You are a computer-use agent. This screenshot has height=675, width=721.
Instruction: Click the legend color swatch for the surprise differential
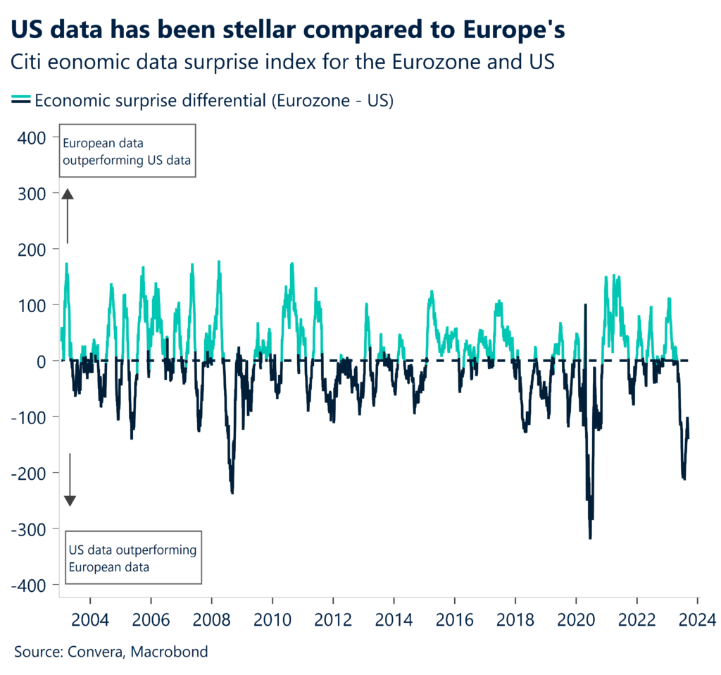click(21, 101)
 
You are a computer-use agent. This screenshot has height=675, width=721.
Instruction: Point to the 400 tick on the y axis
click(34, 137)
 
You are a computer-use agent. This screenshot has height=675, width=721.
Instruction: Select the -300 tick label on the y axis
click(31, 529)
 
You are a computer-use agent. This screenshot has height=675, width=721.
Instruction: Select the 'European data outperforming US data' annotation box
click(127, 151)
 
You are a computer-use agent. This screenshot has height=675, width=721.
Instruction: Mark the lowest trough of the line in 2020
click(590, 538)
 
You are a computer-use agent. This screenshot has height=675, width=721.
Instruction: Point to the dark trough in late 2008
click(232, 492)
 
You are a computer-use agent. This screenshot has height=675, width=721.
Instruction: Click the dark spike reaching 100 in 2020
click(585, 305)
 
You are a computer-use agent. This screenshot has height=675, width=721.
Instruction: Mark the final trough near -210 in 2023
click(684, 479)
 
